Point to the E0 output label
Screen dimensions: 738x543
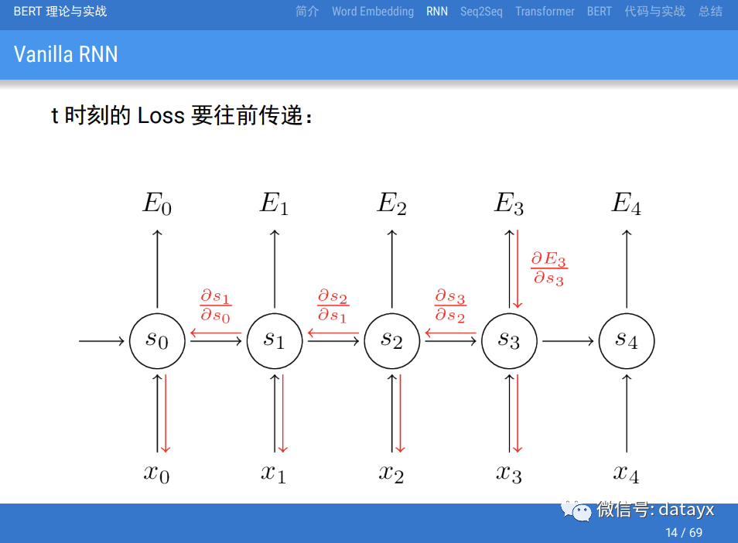coord(157,203)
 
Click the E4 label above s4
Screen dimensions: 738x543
coord(627,203)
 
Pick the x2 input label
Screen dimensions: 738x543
coord(391,473)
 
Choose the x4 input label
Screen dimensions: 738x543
coord(627,473)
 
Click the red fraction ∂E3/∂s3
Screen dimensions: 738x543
coord(548,268)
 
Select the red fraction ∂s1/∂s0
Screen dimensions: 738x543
coord(216,306)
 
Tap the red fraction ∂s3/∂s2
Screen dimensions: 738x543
coord(450,306)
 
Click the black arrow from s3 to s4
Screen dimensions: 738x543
coord(568,340)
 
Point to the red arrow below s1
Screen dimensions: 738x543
coord(282,414)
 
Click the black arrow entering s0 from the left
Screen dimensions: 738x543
coord(101,340)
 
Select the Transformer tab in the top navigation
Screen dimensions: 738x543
coord(545,12)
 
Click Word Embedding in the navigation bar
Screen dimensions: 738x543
coord(373,12)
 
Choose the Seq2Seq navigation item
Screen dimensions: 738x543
coord(481,12)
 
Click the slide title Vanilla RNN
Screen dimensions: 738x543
coord(66,54)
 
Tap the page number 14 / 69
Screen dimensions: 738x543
coord(684,532)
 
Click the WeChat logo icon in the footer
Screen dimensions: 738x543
coord(576,510)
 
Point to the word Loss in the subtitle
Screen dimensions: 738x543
coord(161,116)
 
